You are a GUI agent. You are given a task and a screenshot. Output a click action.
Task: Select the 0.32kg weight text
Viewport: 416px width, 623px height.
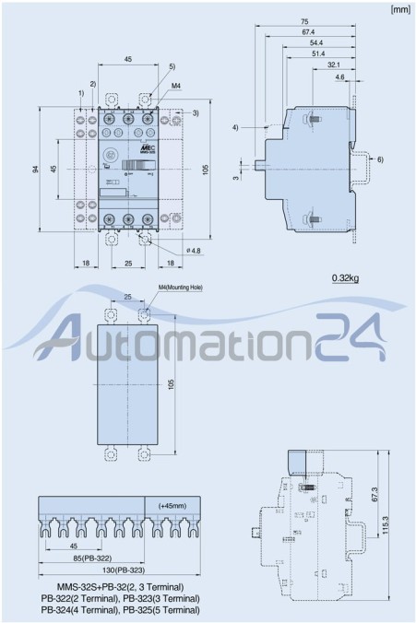click(347, 276)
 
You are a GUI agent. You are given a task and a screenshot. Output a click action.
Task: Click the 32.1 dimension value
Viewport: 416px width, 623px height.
click(333, 65)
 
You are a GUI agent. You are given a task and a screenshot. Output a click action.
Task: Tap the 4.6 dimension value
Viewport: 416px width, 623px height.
click(340, 77)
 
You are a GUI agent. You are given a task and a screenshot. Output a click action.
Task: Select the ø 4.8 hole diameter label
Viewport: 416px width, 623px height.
click(193, 249)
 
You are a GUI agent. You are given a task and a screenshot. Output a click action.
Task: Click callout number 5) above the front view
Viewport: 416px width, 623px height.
click(172, 67)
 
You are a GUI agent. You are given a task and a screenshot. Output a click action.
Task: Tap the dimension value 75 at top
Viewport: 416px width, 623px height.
click(304, 21)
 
